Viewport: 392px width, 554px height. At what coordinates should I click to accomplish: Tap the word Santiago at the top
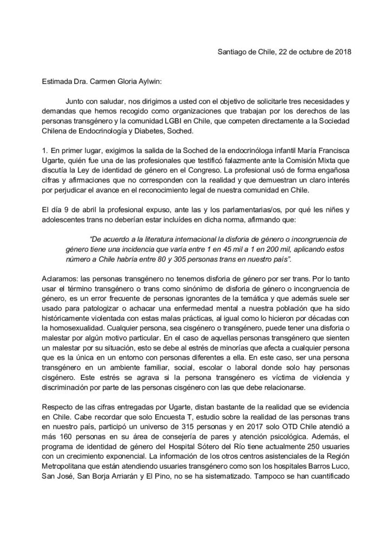(x=232, y=52)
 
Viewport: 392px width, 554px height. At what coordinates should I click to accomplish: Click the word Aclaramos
(x=59, y=280)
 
